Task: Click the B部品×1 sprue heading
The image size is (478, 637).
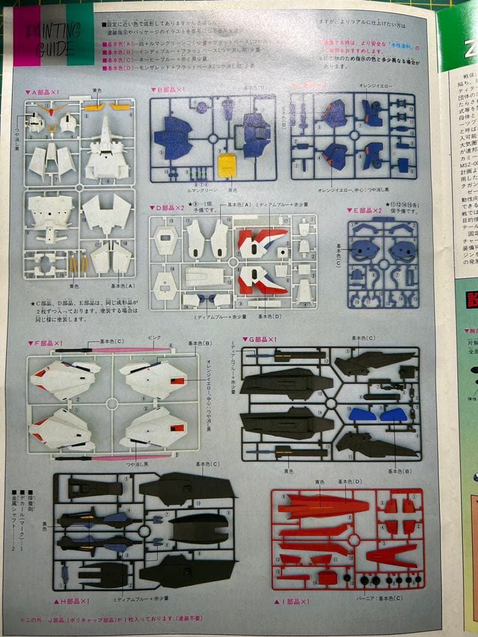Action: click(x=168, y=90)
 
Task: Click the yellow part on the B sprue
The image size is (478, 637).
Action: click(x=227, y=165)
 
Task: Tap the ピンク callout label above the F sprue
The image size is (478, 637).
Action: click(x=153, y=337)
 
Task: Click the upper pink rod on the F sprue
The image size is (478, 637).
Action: click(x=127, y=350)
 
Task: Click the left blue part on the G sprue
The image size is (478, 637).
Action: click(x=362, y=414)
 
